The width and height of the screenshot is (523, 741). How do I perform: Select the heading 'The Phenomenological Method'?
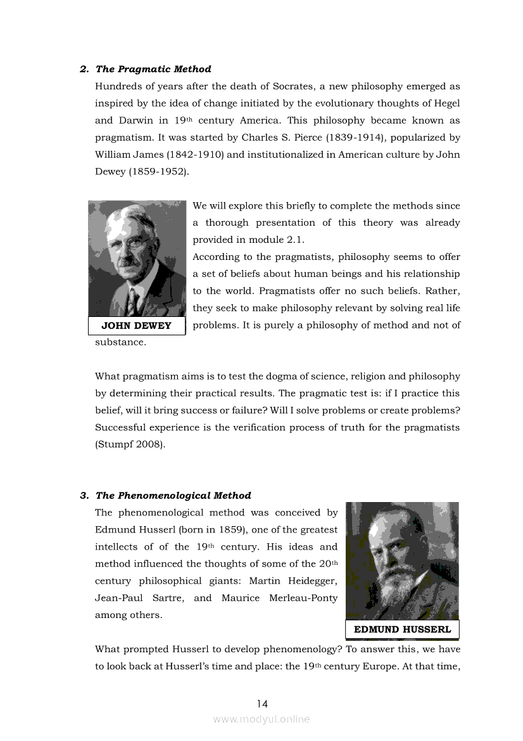pos(173,496)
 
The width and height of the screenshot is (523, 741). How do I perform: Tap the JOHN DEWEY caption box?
pos(137,326)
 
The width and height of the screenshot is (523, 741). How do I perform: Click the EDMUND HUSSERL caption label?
pos(402,629)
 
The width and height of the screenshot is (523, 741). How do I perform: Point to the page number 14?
pos(262,704)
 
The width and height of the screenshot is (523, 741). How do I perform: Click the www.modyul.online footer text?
pos(261,719)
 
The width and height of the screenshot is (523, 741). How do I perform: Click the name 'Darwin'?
pos(134,120)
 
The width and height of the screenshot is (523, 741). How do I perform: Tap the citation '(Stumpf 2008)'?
pos(130,444)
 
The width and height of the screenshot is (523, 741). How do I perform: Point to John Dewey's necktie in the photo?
pos(133,303)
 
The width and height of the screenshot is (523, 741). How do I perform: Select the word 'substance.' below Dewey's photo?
pos(120,342)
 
